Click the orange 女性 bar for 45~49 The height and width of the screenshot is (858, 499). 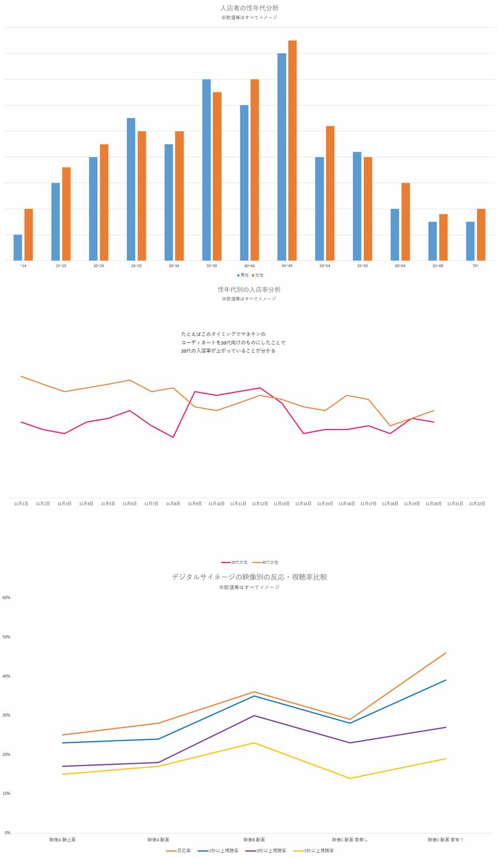292,150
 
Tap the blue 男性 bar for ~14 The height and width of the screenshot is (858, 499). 18,247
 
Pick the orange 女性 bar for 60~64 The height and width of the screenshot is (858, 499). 405,222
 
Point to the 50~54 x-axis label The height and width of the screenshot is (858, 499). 324,266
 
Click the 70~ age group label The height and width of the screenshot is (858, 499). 475,266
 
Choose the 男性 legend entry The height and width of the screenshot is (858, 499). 242,275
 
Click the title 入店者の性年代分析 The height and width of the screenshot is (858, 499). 249,8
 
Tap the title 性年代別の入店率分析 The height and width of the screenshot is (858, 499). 249,289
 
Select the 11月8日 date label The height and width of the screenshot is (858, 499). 173,504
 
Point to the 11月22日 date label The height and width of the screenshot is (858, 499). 477,504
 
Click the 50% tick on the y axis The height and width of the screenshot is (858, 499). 7,637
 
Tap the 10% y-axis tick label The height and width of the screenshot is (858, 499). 7,794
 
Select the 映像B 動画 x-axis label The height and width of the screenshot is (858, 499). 254,840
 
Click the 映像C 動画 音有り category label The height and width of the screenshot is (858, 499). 445,840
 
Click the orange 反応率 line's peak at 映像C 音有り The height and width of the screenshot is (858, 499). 446,653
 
